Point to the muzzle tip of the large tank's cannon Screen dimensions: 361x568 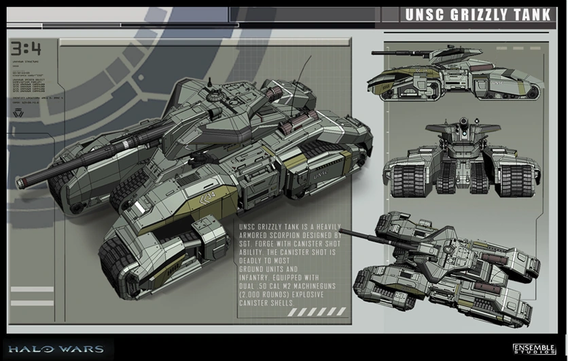tap(20, 182)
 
